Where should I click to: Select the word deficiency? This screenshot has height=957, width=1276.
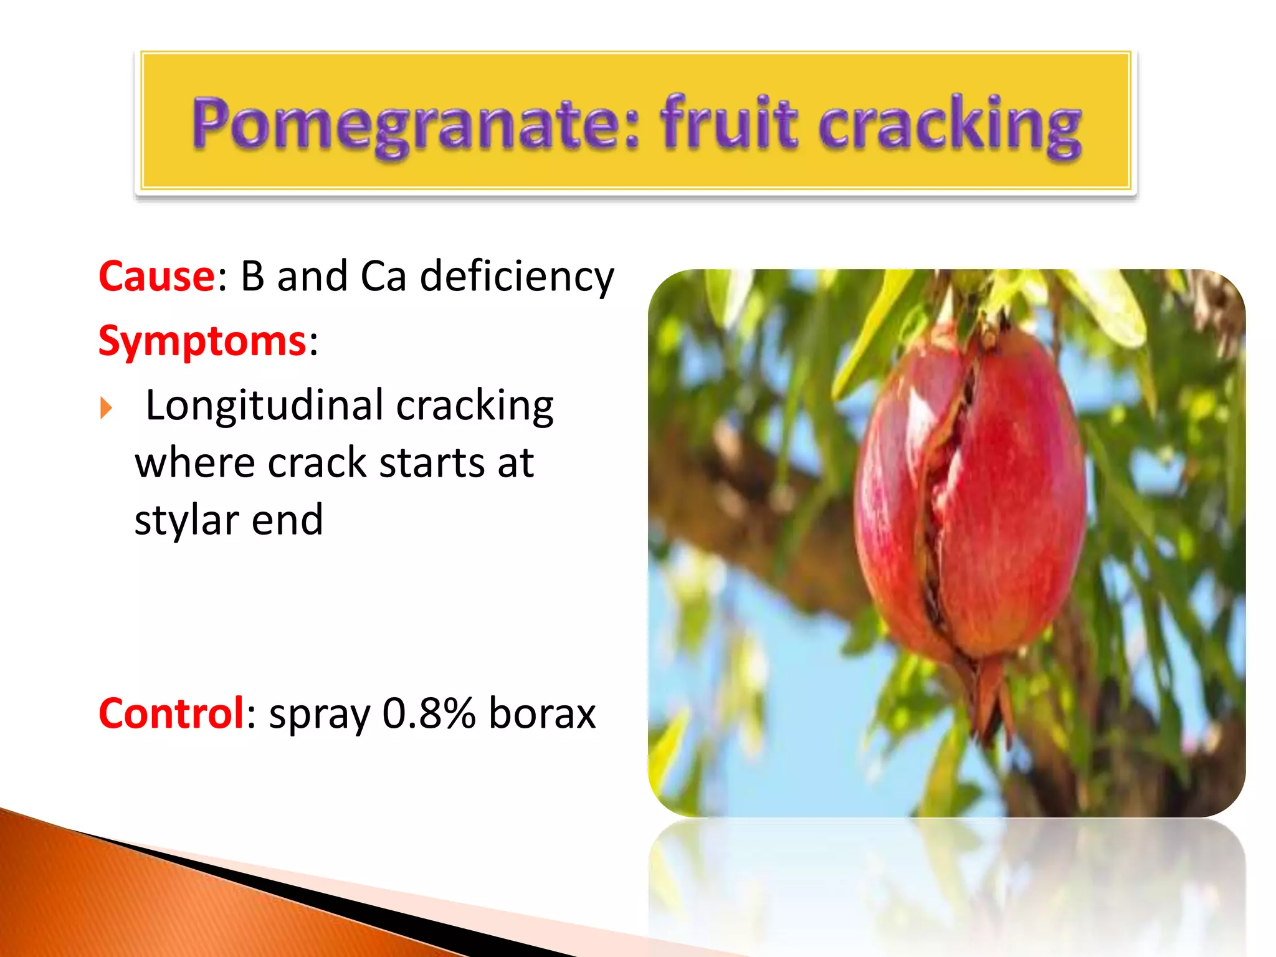point(517,277)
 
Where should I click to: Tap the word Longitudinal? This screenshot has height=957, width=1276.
point(264,406)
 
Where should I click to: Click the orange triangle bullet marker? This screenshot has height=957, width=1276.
point(107,409)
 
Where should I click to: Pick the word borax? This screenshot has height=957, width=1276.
point(542,713)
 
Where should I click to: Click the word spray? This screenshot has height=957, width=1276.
point(319,715)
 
